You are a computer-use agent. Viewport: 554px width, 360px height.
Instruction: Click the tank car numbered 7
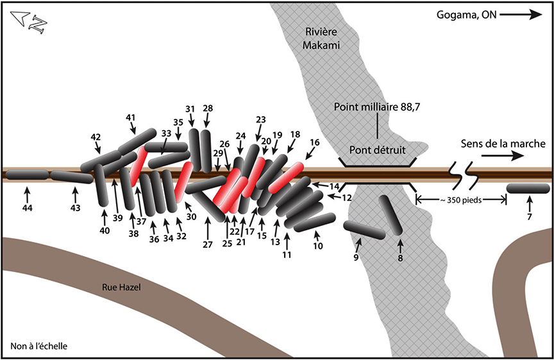tap(528, 188)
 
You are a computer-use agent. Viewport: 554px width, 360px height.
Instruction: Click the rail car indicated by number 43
tap(72, 176)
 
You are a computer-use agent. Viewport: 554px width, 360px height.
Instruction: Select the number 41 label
tap(131, 117)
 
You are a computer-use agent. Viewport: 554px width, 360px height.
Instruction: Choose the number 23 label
tap(260, 119)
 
